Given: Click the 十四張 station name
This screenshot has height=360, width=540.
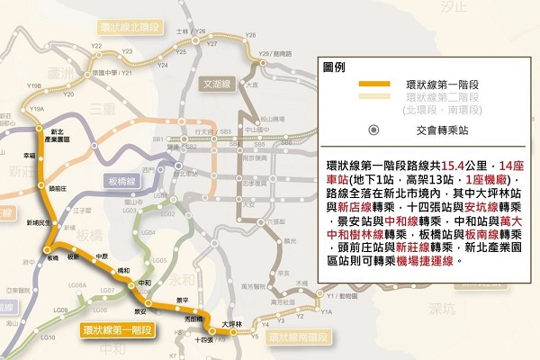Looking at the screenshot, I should (203, 340).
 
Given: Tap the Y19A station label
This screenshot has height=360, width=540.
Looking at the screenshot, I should (36, 109).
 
